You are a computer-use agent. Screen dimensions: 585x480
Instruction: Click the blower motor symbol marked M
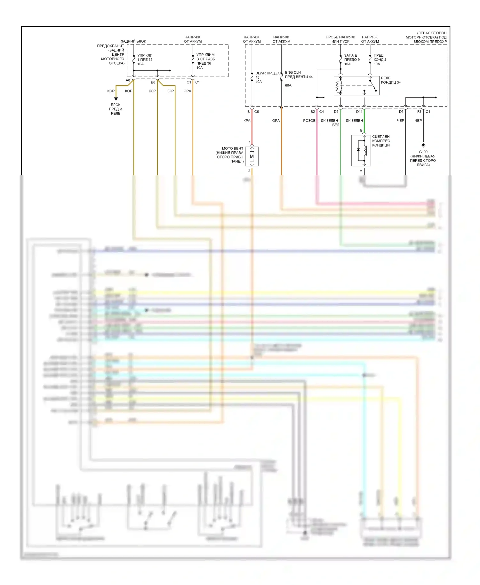point(252,156)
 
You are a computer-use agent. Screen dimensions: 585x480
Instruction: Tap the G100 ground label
point(423,152)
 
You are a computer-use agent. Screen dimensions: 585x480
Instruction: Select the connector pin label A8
point(128,80)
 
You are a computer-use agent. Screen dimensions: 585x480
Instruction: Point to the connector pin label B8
point(153,82)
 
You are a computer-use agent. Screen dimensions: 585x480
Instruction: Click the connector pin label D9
point(336,112)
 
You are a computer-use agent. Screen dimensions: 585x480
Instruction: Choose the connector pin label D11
point(359,112)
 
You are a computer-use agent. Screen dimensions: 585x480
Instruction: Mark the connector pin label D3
point(401,112)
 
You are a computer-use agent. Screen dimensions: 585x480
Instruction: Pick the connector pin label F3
point(419,112)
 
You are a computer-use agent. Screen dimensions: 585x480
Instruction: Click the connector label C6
point(257,112)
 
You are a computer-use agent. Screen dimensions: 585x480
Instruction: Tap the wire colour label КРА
point(247,121)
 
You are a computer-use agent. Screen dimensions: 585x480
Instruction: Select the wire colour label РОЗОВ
point(309,121)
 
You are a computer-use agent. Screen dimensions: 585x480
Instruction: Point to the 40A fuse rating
point(259,82)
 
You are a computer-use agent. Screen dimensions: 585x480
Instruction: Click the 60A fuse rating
point(288,85)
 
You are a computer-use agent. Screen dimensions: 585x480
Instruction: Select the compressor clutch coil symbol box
point(361,150)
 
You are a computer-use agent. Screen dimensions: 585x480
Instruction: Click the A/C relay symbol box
point(356,85)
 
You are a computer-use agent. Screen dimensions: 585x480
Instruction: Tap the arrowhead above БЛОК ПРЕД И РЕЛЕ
point(116,99)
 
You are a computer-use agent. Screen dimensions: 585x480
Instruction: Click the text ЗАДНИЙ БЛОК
point(133,41)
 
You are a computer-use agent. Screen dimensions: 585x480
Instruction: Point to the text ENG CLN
point(293,73)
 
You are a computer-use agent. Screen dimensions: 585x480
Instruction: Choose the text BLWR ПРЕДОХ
point(268,73)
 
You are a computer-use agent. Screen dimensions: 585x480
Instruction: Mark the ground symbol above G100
point(423,146)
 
